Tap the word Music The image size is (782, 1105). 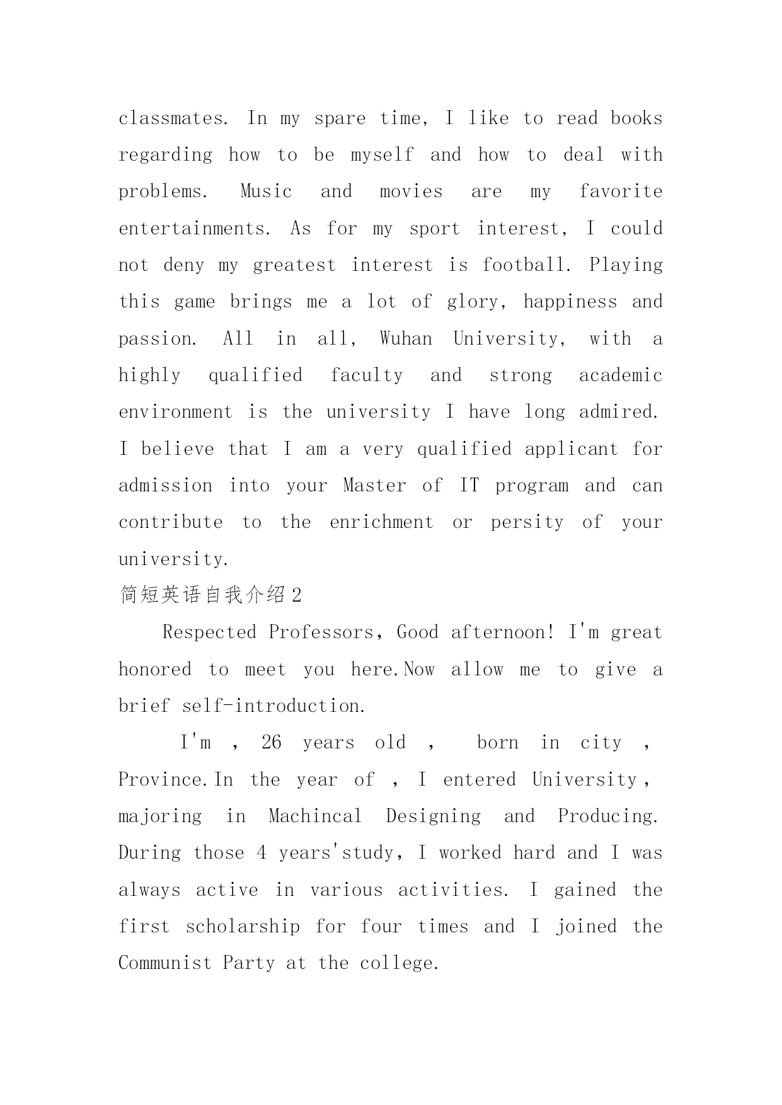(266, 192)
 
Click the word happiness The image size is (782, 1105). (570, 302)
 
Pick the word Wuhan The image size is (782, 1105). (406, 339)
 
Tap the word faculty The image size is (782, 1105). (366, 375)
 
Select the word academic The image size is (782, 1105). (620, 375)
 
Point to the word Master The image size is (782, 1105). (374, 486)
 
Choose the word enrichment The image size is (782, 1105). (381, 522)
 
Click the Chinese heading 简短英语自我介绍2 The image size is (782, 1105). (210, 595)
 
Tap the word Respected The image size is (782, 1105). (209, 633)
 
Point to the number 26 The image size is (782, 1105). (271, 743)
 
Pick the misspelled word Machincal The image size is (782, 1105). (315, 816)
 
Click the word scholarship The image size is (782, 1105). (243, 927)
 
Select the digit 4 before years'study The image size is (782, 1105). (262, 853)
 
